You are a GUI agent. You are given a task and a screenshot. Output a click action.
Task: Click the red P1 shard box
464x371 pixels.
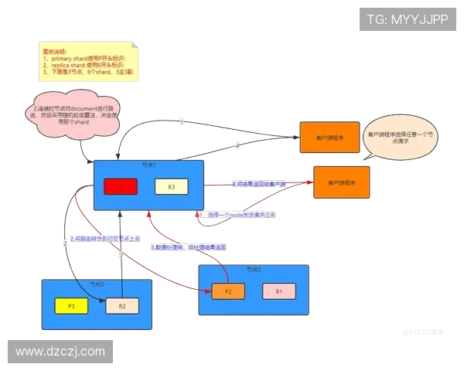[121, 186]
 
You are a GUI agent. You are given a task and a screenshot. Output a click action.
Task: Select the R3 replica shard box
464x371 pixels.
[171, 186]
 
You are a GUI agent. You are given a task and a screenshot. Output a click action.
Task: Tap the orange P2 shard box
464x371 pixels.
[228, 291]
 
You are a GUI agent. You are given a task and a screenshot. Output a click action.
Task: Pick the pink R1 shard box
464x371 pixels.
[279, 291]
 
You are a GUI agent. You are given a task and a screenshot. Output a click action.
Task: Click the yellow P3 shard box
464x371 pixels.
[71, 306]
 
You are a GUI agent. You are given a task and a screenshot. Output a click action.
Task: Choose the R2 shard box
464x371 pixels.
[122, 306]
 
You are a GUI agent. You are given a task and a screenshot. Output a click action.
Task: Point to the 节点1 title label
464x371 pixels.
[148, 165]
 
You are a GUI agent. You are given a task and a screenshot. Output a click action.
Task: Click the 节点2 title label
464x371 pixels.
[254, 270]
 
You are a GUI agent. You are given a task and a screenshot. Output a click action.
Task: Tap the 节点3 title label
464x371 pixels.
[96, 284]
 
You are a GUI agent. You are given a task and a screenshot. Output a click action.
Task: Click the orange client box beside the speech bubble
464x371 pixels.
[330, 138]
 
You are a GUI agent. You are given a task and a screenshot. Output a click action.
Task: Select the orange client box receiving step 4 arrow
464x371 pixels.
[341, 183]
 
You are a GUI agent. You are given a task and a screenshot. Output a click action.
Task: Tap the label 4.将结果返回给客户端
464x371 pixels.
[259, 184]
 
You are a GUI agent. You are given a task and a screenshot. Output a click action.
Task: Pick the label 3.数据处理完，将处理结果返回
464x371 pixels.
[188, 247]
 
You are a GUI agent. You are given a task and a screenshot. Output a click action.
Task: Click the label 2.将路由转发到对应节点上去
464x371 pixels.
[106, 239]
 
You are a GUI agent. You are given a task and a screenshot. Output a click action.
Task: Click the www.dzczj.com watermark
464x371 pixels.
[60, 352]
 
